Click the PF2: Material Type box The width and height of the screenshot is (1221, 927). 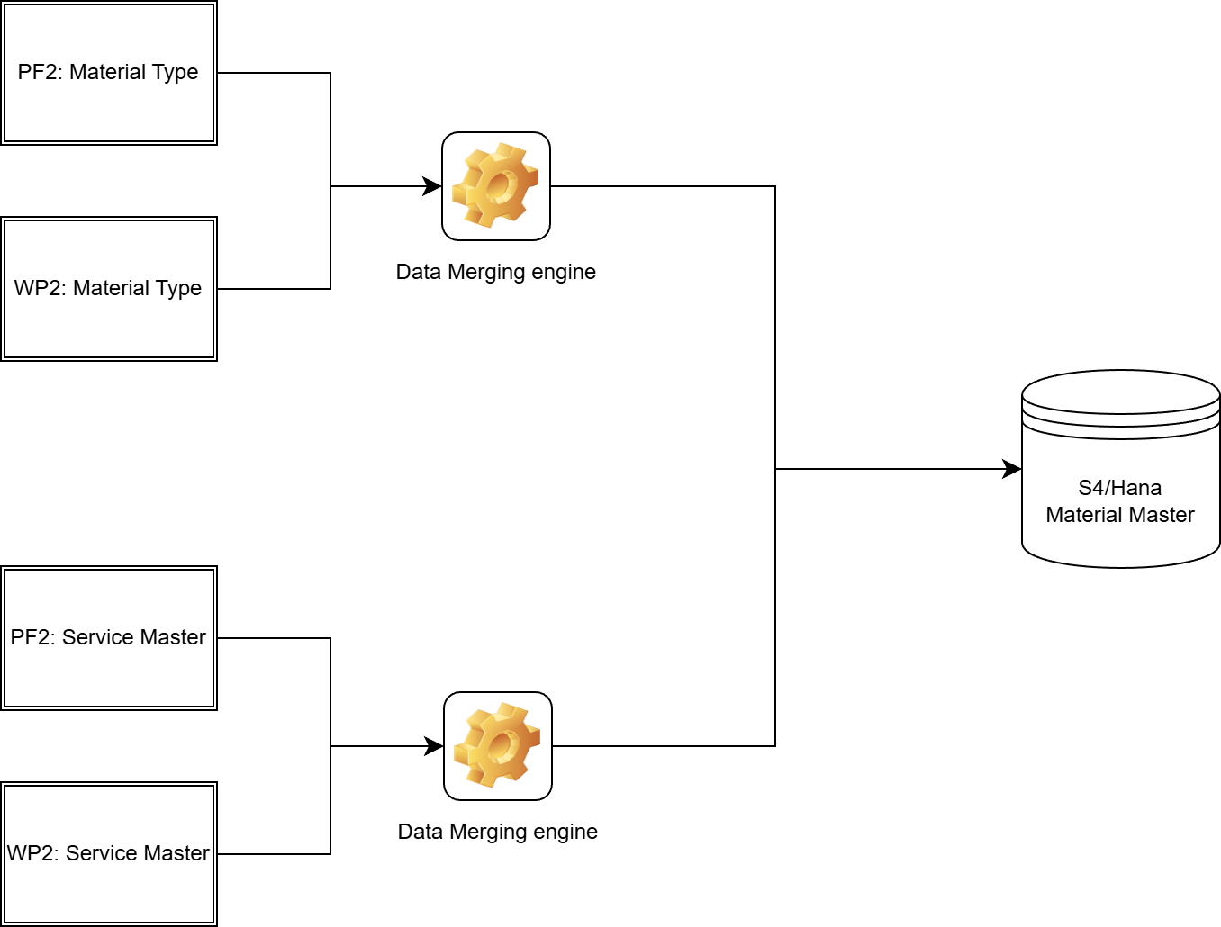tap(108, 73)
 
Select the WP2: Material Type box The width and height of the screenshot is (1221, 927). tap(108, 289)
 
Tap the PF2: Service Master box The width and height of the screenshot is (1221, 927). tap(108, 638)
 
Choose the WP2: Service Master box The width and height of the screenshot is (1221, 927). tap(108, 854)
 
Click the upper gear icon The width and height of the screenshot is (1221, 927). tap(496, 186)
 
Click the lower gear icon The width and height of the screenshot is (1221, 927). tap(498, 746)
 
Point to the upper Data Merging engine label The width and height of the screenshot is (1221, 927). tap(496, 272)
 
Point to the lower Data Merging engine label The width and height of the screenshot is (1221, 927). tap(498, 832)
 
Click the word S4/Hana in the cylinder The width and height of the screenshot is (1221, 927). tap(1119, 488)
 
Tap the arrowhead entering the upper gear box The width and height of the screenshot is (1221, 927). tap(433, 186)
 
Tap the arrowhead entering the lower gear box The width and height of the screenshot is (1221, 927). tap(435, 746)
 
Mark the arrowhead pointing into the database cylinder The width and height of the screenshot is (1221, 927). tap(1012, 469)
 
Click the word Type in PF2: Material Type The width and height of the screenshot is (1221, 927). tap(176, 72)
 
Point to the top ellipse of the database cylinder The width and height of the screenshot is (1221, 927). tap(1120, 392)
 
